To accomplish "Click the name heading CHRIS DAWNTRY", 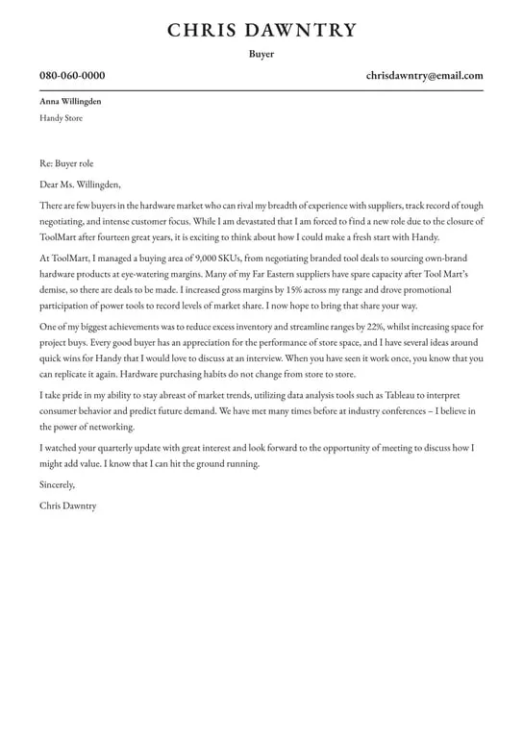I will pos(261,31).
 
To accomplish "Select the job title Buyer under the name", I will pos(261,54).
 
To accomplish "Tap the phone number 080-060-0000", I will pos(72,76).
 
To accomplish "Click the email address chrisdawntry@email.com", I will pos(424,76).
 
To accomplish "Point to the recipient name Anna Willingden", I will pos(70,101).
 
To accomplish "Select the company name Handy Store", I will pos(61,118).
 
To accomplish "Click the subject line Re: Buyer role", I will pos(66,164).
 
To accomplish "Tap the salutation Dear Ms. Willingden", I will pos(80,185).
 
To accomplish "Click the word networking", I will pos(111,427).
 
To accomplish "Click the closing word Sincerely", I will pos(57,485).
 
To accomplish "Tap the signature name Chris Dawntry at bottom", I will pos(67,505).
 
